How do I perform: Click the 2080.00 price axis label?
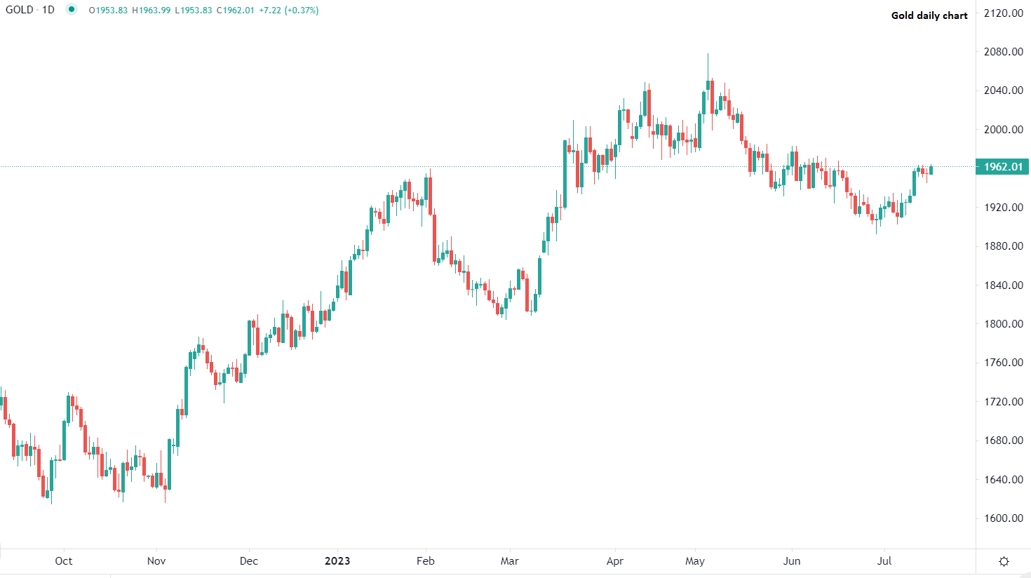(1004, 52)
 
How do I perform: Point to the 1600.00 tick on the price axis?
(1004, 518)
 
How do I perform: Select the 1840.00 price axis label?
(1004, 285)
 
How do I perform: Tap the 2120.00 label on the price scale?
(1004, 13)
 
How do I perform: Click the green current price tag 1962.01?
(1004, 167)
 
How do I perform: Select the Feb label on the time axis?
(426, 561)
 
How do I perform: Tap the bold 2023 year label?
(337, 561)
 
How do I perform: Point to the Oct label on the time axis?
(64, 561)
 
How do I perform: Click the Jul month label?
(884, 561)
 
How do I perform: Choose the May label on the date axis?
(695, 561)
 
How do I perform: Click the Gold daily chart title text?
(929, 15)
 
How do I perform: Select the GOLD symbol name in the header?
(19, 10)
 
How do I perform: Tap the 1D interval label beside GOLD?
(48, 10)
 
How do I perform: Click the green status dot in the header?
(72, 10)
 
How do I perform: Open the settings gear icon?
(1004, 561)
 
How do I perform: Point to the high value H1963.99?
(151, 11)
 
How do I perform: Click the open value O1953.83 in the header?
(108, 11)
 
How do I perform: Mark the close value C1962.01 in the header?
(235, 11)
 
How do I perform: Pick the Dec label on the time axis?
(249, 561)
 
